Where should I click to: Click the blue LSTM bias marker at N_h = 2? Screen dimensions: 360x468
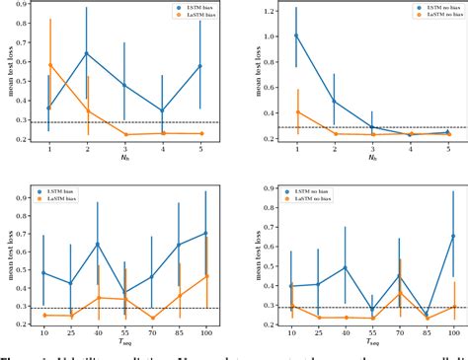tap(87, 53)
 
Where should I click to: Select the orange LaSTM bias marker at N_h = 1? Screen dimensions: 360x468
tap(50, 65)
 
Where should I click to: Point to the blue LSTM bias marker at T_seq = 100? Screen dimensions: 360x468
tap(204, 234)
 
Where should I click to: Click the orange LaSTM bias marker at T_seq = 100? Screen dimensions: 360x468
tap(205, 276)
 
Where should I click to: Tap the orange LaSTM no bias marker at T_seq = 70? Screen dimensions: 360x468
tap(397, 292)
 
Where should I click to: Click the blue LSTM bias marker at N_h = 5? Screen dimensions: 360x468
tap(200, 66)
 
